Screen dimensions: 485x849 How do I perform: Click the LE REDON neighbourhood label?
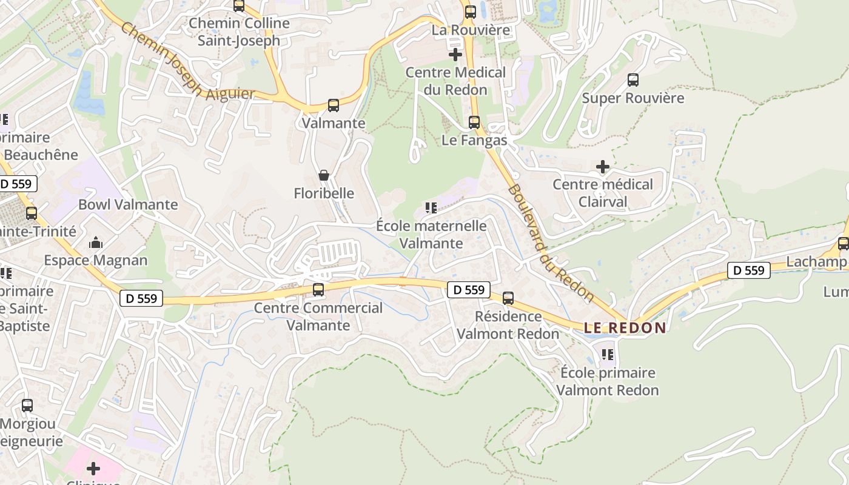pyautogui.click(x=625, y=328)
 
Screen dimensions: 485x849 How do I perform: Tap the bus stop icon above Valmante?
pyautogui.click(x=333, y=105)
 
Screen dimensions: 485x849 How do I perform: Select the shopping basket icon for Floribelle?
pyautogui.click(x=324, y=175)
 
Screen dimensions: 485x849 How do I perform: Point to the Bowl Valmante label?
pyautogui.click(x=128, y=204)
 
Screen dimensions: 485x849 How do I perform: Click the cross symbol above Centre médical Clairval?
pyautogui.click(x=602, y=167)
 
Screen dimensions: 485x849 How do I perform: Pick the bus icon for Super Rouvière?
pyautogui.click(x=633, y=80)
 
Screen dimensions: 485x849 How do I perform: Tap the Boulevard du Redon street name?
pyautogui.click(x=550, y=242)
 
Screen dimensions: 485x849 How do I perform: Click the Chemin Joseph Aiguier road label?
pyautogui.click(x=187, y=62)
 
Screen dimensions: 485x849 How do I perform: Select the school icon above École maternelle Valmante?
pyautogui.click(x=431, y=209)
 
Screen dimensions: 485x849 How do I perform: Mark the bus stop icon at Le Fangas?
pyautogui.click(x=474, y=122)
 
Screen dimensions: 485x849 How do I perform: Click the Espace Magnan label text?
pyautogui.click(x=96, y=260)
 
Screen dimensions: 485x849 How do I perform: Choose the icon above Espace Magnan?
pyautogui.click(x=96, y=243)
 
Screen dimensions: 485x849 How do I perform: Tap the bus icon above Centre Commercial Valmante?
pyautogui.click(x=318, y=290)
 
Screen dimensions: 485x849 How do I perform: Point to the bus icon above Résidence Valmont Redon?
pyautogui.click(x=508, y=298)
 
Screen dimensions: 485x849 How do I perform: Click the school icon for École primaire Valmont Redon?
pyautogui.click(x=607, y=355)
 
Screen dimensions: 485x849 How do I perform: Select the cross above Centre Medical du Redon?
pyautogui.click(x=455, y=55)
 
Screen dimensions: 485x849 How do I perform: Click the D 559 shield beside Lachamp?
pyautogui.click(x=749, y=270)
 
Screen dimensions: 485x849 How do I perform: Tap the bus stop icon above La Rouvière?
pyautogui.click(x=470, y=12)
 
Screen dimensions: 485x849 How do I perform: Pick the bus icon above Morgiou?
pyautogui.click(x=27, y=406)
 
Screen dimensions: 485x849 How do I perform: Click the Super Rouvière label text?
pyautogui.click(x=633, y=98)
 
